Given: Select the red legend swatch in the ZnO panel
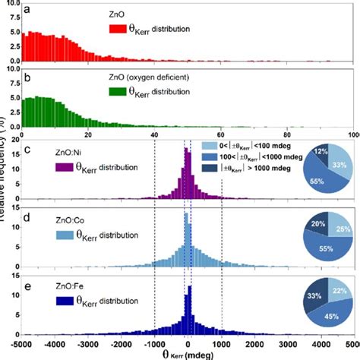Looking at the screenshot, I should pyautogui.click(x=116, y=30).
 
